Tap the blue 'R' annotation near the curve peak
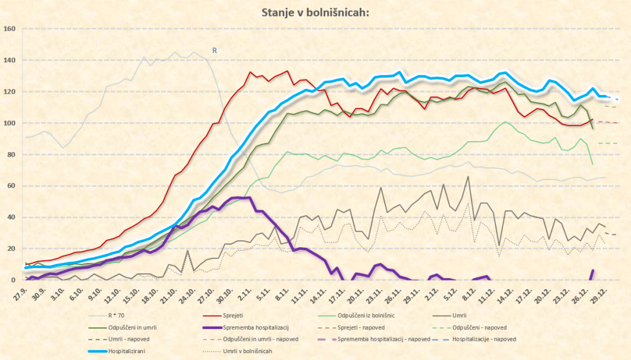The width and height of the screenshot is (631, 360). pyautogui.click(x=214, y=51)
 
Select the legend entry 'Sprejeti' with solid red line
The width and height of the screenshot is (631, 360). pyautogui.click(x=234, y=316)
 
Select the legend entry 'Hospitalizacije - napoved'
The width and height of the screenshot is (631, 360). pyautogui.click(x=484, y=339)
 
